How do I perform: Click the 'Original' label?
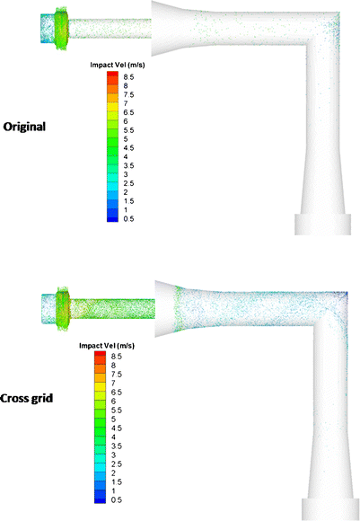pyautogui.click(x=24, y=127)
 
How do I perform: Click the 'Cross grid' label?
pyautogui.click(x=26, y=398)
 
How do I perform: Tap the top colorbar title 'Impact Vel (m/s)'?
pyautogui.click(x=118, y=65)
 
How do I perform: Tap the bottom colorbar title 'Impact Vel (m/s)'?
pyautogui.click(x=107, y=346)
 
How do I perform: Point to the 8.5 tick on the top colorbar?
pyautogui.click(x=128, y=77)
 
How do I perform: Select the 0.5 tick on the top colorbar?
pyautogui.click(x=128, y=218)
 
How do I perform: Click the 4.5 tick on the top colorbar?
pyautogui.click(x=128, y=148)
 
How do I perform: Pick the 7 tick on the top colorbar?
pyautogui.click(x=126, y=103)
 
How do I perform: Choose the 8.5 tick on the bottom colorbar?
pyautogui.click(x=116, y=357)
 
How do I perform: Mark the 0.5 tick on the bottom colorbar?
pyautogui.click(x=116, y=499)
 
